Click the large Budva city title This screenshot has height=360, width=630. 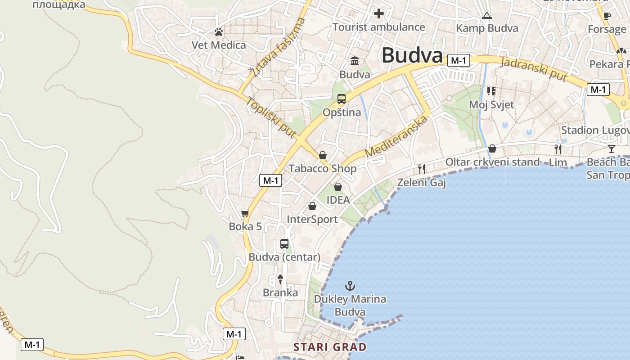click(x=412, y=56)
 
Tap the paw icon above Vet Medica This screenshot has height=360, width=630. click(x=219, y=32)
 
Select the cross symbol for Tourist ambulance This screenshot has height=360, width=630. click(x=379, y=13)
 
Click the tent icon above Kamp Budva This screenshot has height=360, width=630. click(x=486, y=16)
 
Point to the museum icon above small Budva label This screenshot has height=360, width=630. click(x=355, y=61)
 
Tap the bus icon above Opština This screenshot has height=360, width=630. click(x=342, y=99)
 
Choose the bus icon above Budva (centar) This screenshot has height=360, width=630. click(x=284, y=244)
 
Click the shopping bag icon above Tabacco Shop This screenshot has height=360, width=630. click(x=323, y=155)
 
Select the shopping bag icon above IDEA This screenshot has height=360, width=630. click(x=338, y=186)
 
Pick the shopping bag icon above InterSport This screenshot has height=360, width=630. click(x=312, y=206)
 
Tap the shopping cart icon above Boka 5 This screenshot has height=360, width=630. click(x=245, y=213)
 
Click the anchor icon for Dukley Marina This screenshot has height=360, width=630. click(x=350, y=285)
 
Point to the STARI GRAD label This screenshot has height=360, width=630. click(x=330, y=347)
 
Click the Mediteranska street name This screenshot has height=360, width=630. click(x=396, y=137)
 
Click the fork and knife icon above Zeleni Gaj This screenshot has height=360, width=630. click(x=422, y=169)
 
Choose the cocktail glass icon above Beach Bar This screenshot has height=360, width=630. click(x=611, y=149)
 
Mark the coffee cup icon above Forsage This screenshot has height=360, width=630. click(x=607, y=16)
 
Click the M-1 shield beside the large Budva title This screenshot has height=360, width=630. click(x=459, y=60)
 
